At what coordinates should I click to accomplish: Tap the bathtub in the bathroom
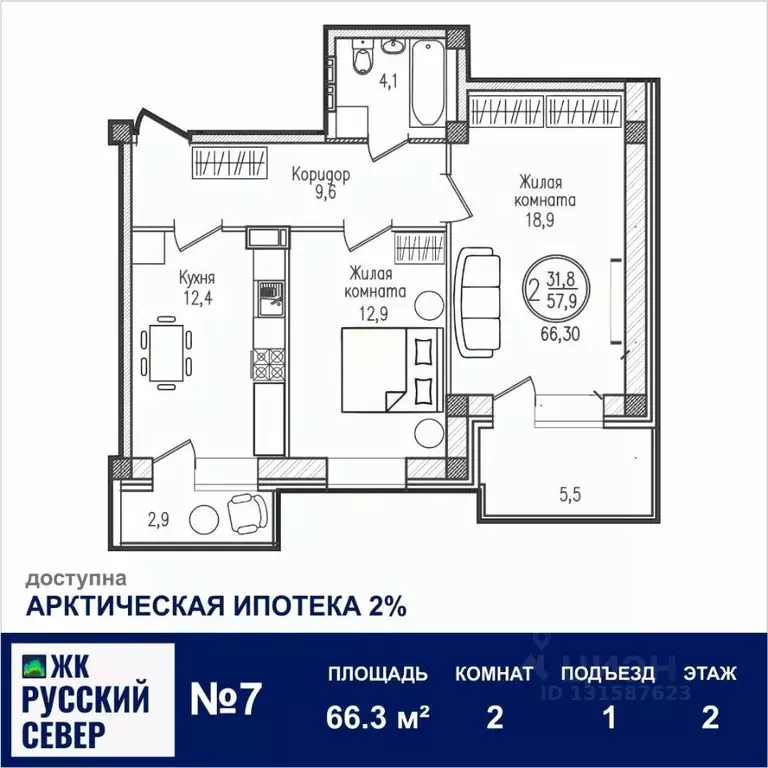coord(426,84)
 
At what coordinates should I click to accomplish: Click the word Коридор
coord(321,175)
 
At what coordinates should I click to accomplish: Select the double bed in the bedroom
coord(390,370)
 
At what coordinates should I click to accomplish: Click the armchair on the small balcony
coord(246,513)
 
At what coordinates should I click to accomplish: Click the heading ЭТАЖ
coord(710,673)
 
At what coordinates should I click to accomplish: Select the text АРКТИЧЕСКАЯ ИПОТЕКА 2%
coord(215,606)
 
